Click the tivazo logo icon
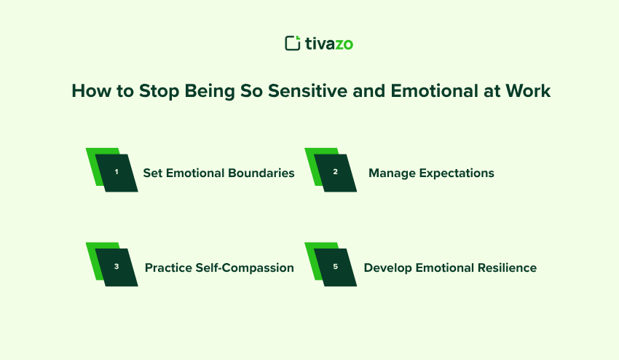tap(292, 44)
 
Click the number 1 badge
tap(117, 173)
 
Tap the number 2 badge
tap(335, 173)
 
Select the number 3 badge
tap(117, 267)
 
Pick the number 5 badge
tap(335, 267)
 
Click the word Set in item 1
tap(152, 173)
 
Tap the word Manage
tap(391, 173)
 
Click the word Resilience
tap(506, 267)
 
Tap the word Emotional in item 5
tap(445, 267)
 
